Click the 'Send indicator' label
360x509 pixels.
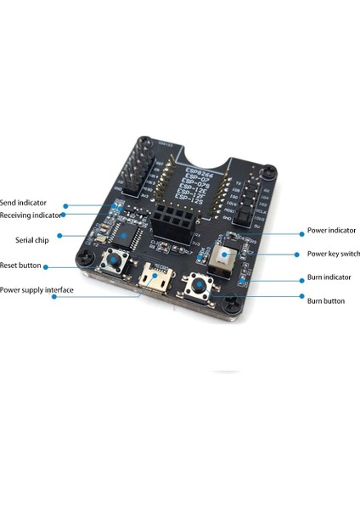pyautogui.click(x=24, y=204)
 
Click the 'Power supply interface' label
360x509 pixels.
pyautogui.click(x=37, y=289)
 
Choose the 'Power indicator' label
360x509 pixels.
pyautogui.click(x=330, y=230)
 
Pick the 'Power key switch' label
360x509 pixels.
pyautogui.click(x=333, y=253)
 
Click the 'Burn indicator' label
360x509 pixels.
pyautogui.click(x=329, y=277)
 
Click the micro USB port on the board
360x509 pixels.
pyautogui.click(x=154, y=277)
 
